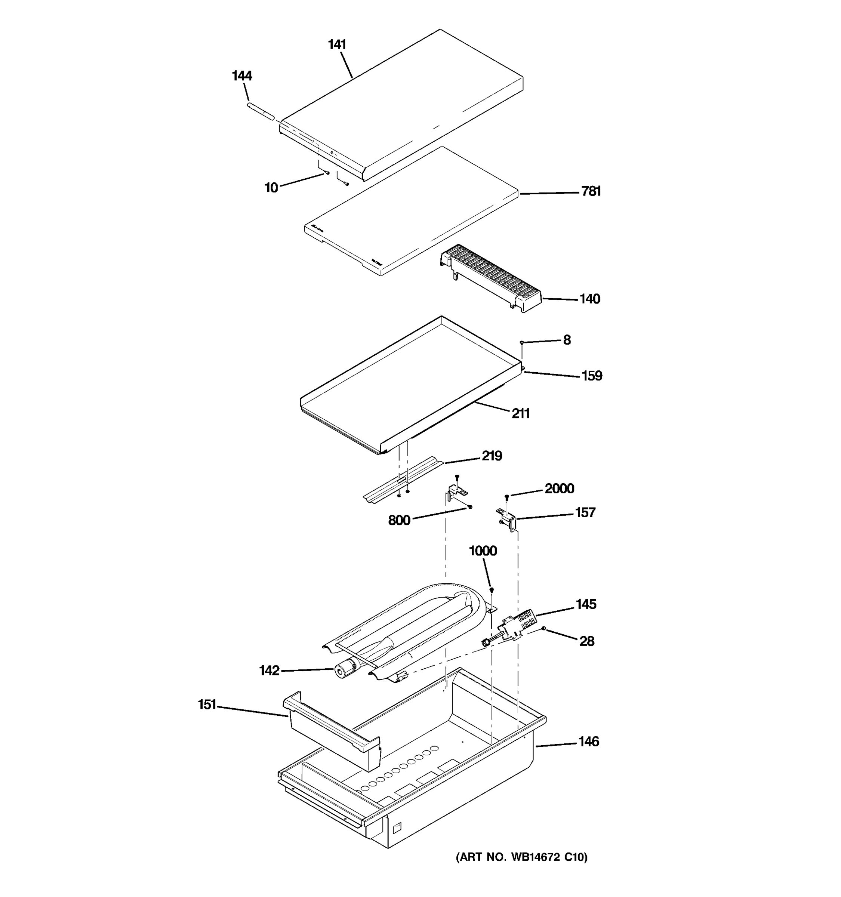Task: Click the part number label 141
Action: point(336,45)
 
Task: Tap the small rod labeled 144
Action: point(260,111)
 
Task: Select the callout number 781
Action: point(591,191)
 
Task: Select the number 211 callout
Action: point(520,413)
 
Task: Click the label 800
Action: point(399,520)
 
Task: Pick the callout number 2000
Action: point(559,488)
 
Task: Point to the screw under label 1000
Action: point(492,590)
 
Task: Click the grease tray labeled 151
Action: point(332,731)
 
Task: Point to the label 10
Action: point(271,187)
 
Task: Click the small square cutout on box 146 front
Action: point(396,827)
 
